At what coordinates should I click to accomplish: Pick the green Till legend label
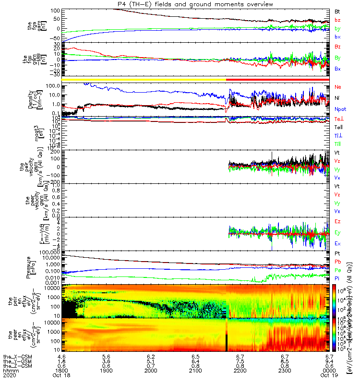(x=337, y=144)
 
